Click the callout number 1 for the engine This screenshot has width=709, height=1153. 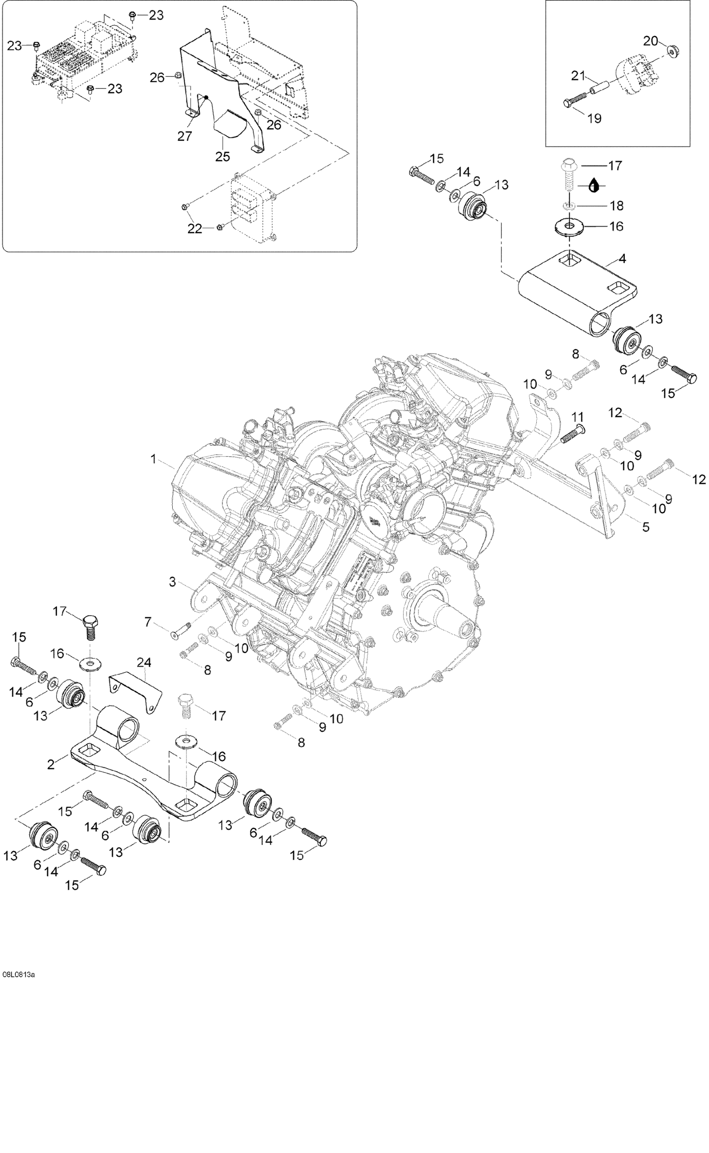[x=153, y=459]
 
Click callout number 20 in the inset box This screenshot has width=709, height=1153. [x=651, y=41]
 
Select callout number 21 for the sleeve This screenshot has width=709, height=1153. [x=578, y=75]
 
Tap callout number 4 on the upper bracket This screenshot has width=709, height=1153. [x=622, y=258]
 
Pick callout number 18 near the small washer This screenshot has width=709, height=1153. [x=617, y=205]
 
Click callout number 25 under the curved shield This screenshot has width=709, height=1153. [x=223, y=156]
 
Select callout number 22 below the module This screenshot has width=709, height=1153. [x=195, y=228]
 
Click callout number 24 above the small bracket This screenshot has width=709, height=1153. [x=144, y=662]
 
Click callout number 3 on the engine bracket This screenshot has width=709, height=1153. [x=173, y=582]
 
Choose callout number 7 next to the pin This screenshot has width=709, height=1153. [x=148, y=622]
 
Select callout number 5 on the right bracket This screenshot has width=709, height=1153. [x=646, y=527]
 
